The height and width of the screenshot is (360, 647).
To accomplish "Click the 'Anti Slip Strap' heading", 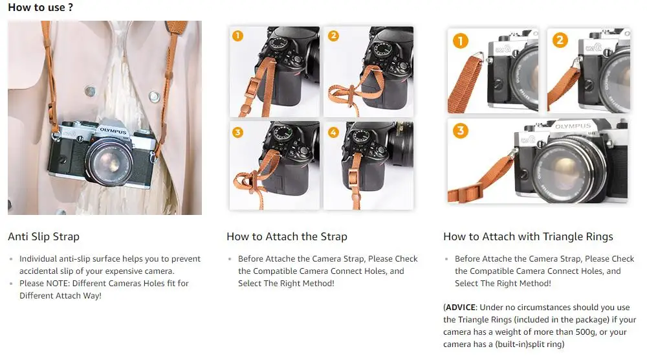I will [43, 236].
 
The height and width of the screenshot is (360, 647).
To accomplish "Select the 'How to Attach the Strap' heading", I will [287, 236].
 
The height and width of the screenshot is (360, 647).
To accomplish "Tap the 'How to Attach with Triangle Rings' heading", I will [528, 236].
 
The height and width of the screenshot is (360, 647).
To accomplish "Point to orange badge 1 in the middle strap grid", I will [237, 36].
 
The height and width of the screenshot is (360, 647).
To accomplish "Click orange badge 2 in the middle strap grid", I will [333, 36].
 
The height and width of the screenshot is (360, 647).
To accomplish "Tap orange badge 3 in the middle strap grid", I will [237, 132].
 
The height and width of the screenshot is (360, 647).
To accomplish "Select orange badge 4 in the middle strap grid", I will [333, 132].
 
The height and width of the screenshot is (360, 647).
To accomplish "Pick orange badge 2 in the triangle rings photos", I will [560, 41].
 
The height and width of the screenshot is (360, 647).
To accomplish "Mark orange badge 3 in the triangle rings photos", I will [460, 131].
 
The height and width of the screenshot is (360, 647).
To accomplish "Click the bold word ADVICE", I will [463, 308].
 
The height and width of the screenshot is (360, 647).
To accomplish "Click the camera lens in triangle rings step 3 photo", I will [560, 170].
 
